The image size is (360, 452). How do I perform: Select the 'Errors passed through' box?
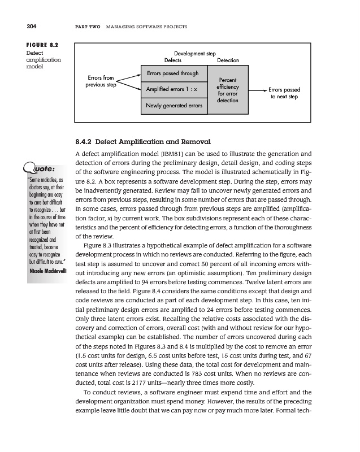172,73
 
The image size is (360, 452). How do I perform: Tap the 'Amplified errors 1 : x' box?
172,89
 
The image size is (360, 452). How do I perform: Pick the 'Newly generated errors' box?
174,106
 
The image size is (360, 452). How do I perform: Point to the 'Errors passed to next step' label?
284,93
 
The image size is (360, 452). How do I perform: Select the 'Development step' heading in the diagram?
196,53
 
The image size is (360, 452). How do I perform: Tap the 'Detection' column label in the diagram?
228,60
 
